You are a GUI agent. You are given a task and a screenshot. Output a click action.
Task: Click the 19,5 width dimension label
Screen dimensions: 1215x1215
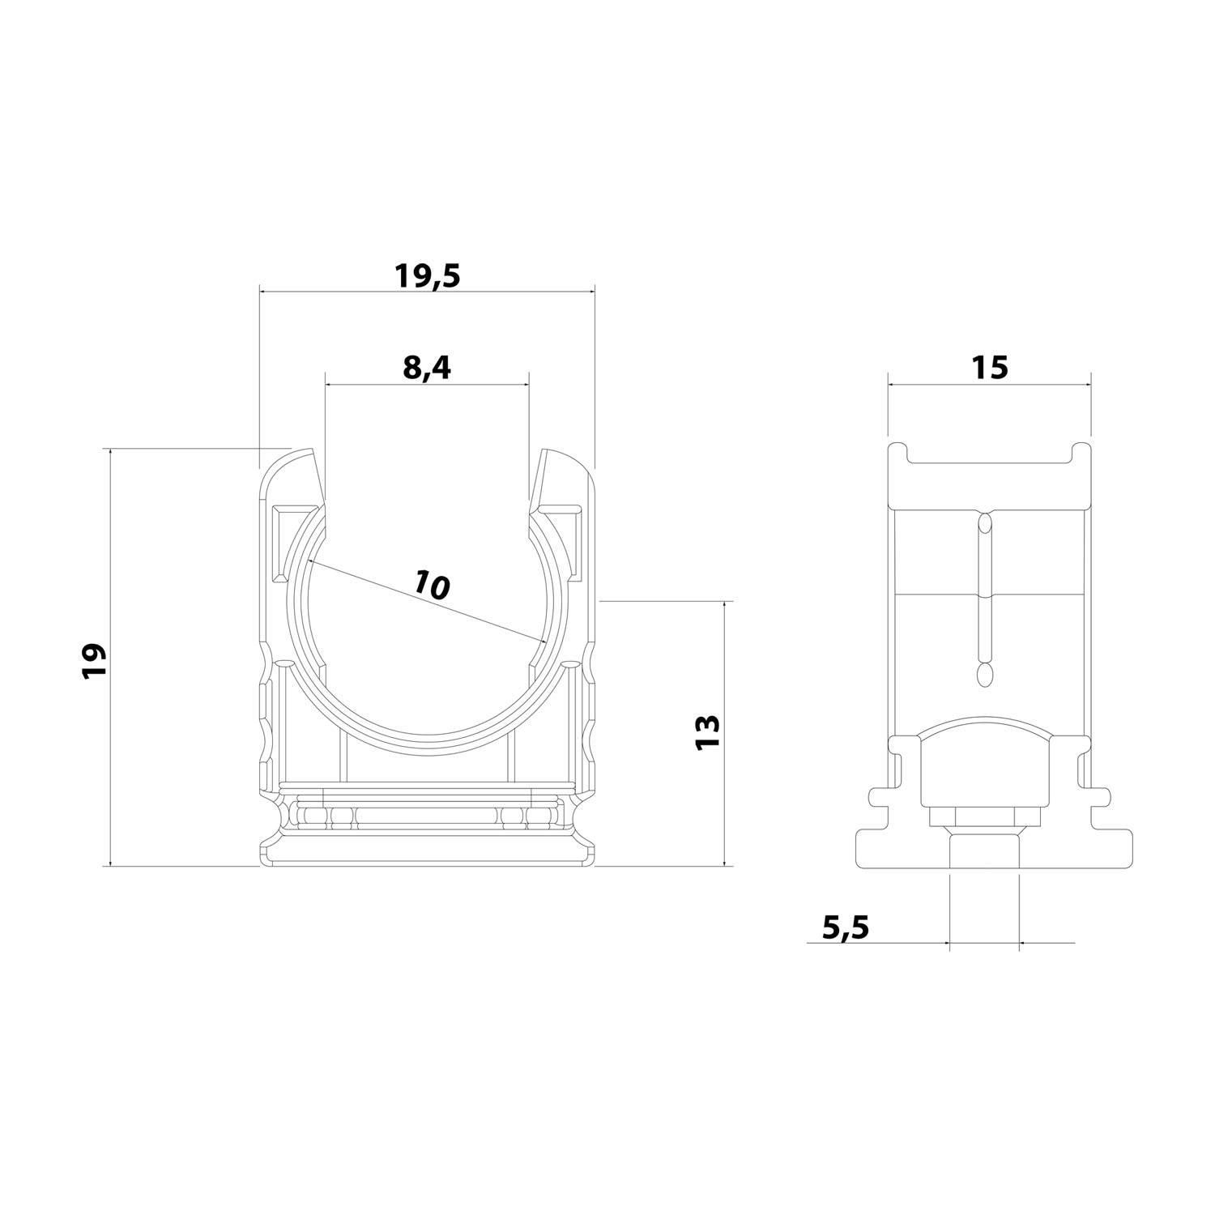(427, 276)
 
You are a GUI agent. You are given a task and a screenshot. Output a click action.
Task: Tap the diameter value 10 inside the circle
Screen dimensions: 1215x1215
(431, 584)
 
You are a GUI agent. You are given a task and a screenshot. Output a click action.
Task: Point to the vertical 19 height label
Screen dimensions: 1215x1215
(95, 660)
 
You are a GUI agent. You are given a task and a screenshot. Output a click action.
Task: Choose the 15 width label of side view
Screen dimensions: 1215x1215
(989, 367)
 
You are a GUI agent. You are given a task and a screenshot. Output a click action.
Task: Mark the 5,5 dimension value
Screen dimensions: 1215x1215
(845, 926)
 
